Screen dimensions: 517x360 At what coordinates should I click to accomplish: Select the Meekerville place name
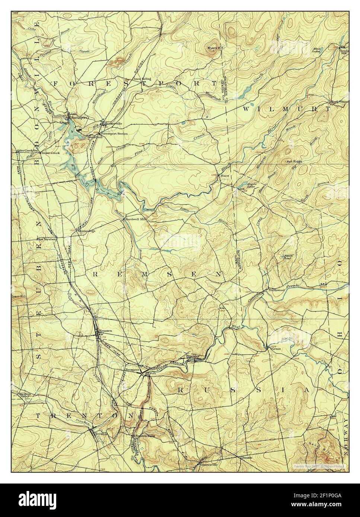[114, 124]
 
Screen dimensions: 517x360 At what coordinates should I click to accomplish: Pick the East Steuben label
[46, 239]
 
